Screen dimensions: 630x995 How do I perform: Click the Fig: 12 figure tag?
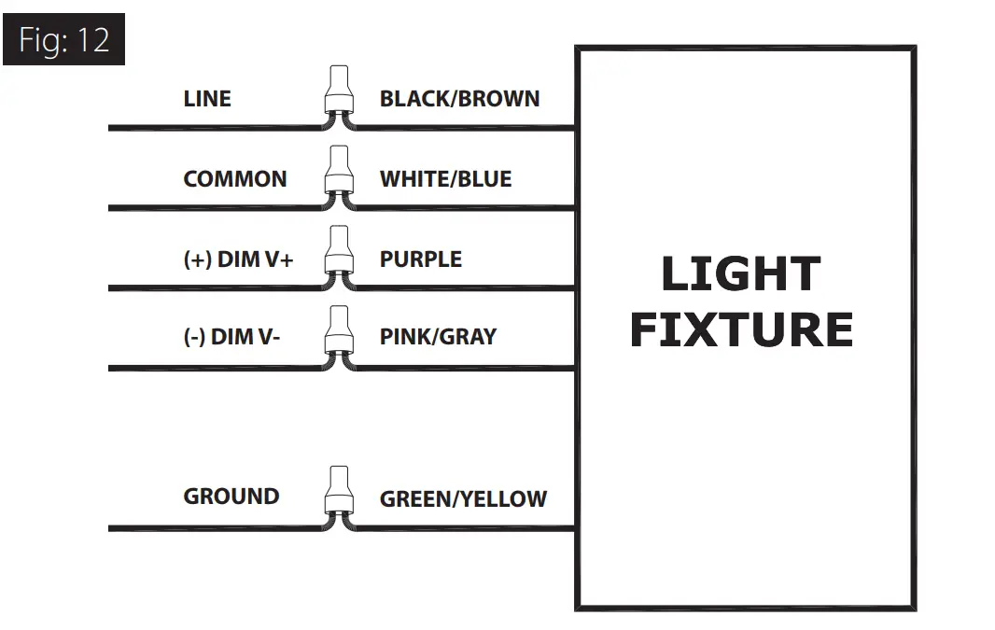tap(63, 40)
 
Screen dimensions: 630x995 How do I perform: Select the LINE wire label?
tap(207, 99)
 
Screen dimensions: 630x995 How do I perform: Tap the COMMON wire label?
tap(235, 179)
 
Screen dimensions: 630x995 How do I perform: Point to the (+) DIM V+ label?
tap(238, 259)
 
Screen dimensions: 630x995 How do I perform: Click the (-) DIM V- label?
tap(231, 337)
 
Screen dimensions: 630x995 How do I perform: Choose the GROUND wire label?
tap(231, 497)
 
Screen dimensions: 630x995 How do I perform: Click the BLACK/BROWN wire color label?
tap(459, 99)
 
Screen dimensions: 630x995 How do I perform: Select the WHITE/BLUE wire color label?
tap(445, 179)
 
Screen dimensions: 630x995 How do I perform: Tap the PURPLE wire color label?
tap(420, 259)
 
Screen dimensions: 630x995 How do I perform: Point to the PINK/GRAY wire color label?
tap(438, 337)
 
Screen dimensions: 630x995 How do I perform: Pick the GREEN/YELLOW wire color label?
tap(463, 499)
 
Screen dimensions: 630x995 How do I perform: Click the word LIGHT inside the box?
tap(740, 274)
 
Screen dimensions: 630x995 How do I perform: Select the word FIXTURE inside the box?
tap(741, 329)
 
